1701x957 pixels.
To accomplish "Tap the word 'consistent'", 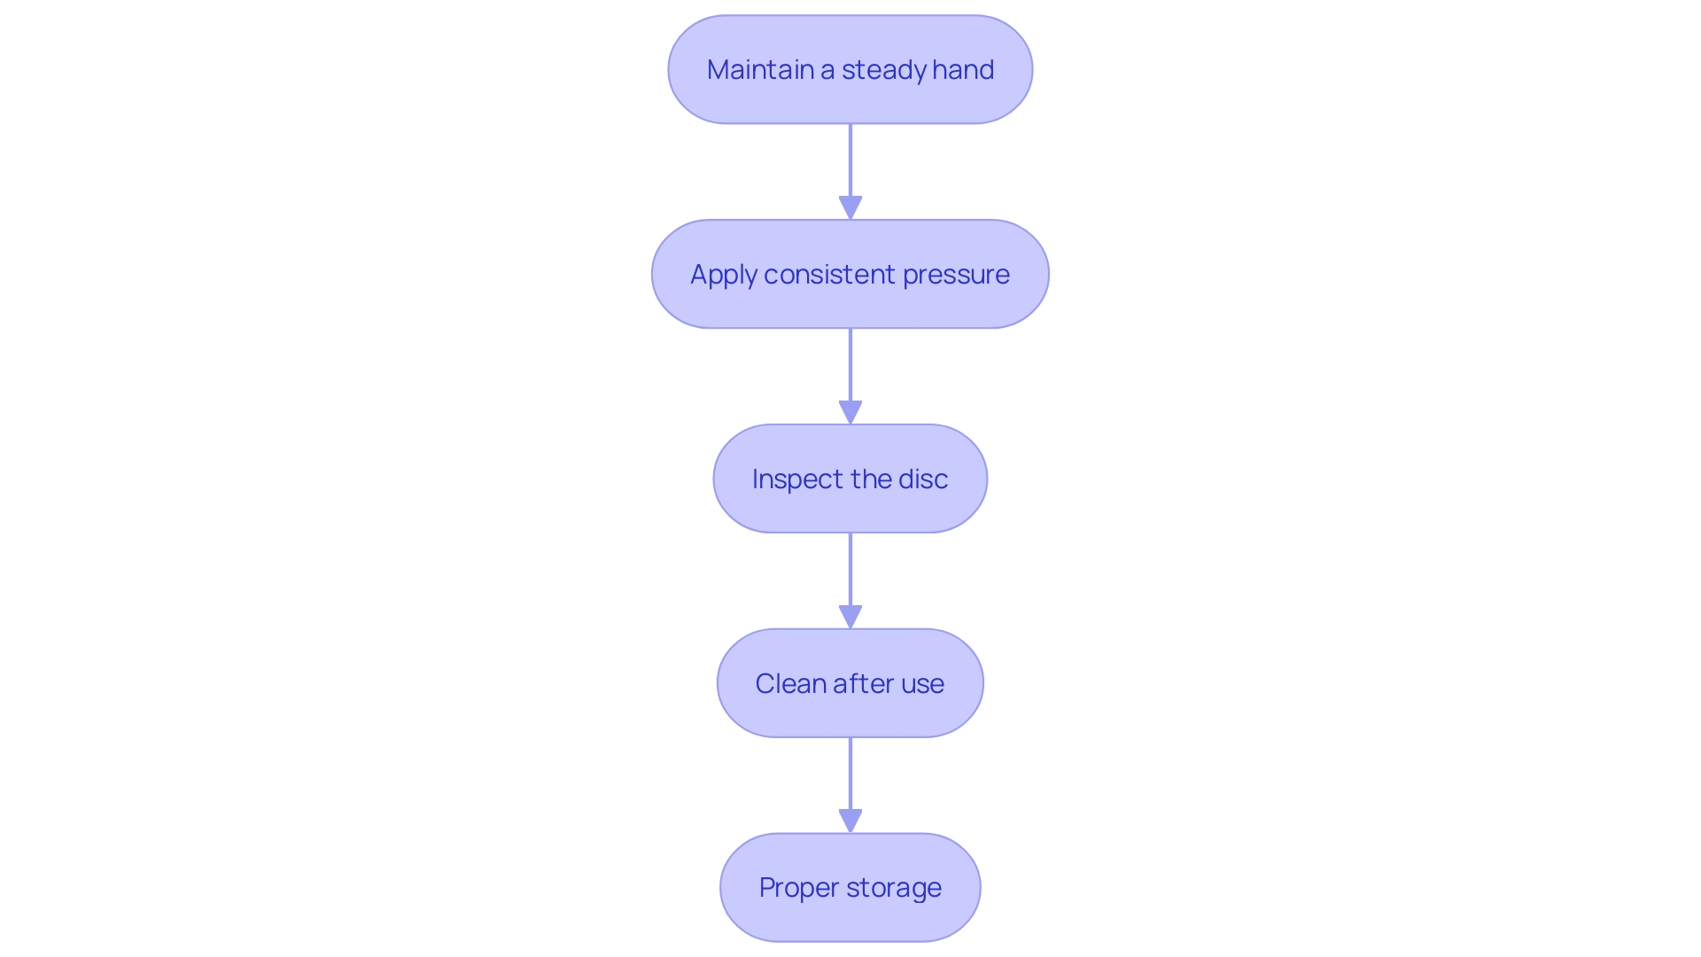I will [829, 275].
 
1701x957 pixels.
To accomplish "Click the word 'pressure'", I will [956, 275].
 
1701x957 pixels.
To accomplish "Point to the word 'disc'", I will [924, 479].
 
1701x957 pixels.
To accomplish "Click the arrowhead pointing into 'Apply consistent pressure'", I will [850, 207].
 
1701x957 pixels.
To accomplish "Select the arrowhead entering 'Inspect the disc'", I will [850, 412].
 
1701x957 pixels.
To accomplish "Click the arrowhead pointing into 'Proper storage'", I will [850, 821].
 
